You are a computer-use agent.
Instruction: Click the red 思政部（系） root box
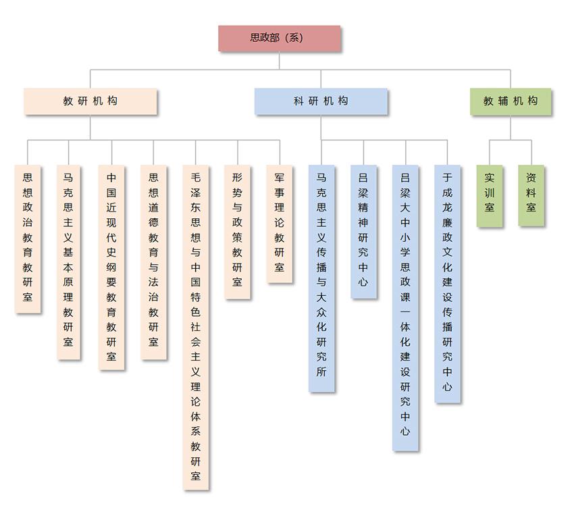coord(279,39)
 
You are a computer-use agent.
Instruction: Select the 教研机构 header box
coord(90,101)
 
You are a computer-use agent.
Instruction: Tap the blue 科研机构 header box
coord(321,101)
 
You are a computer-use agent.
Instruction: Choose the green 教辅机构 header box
coord(511,101)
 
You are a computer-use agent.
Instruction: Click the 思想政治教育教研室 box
coord(28,238)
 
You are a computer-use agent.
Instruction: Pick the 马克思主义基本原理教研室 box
coord(69,261)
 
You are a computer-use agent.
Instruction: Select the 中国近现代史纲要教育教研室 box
coord(111,267)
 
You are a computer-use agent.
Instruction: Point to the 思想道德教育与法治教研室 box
coord(153,261)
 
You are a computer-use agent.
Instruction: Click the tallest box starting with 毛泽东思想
coord(196,327)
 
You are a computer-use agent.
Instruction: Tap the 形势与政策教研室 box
coord(238,231)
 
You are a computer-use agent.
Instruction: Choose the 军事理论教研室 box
coord(280,223)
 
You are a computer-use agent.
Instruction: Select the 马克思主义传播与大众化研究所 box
coord(321,278)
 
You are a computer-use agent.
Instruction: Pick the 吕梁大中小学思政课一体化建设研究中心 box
coord(405,307)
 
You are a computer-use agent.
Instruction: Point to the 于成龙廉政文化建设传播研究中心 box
coord(448,284)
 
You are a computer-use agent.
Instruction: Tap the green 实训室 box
coord(490,195)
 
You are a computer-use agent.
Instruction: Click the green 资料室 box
coord(532,195)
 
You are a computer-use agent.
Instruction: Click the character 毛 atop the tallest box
coord(196,178)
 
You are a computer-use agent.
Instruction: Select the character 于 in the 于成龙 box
coord(448,178)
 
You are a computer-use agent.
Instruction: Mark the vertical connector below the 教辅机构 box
coord(511,128)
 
